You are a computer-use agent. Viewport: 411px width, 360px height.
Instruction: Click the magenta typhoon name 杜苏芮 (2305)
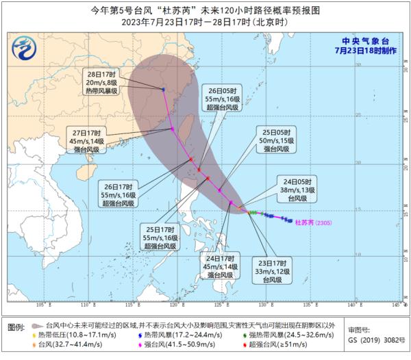[312, 222]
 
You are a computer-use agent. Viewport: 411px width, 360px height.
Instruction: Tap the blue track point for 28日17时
[164, 89]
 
